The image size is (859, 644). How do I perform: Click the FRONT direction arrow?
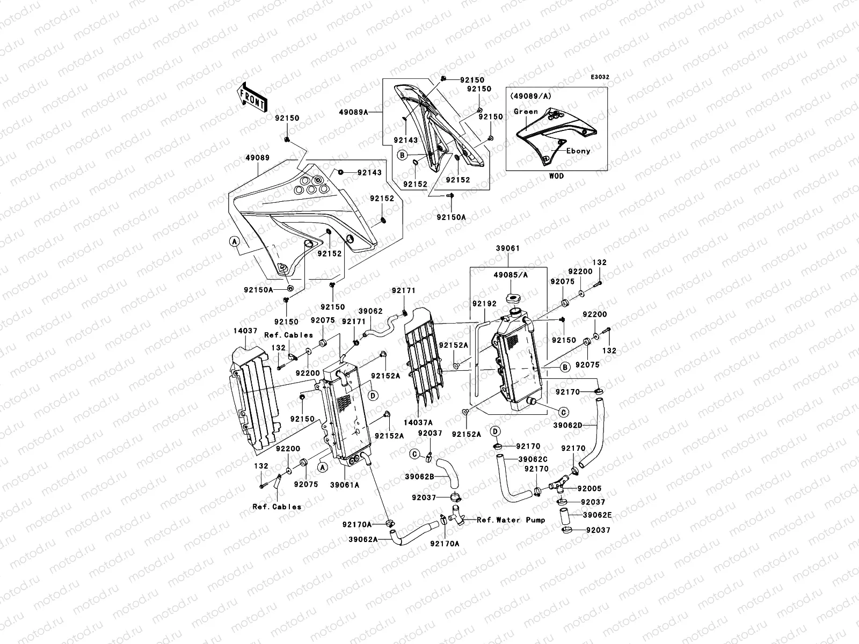pos(252,97)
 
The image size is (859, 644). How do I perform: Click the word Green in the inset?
pos(526,112)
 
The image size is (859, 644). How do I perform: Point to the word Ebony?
pos(578,151)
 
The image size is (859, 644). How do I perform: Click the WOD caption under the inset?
pos(556,176)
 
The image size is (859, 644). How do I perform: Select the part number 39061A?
pos(345,485)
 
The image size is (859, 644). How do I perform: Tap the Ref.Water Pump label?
pos(511,519)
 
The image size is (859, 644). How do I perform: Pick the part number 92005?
pos(589,489)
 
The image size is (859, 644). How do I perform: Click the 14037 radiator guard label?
pos(245,331)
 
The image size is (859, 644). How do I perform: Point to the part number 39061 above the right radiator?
pos(507,248)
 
